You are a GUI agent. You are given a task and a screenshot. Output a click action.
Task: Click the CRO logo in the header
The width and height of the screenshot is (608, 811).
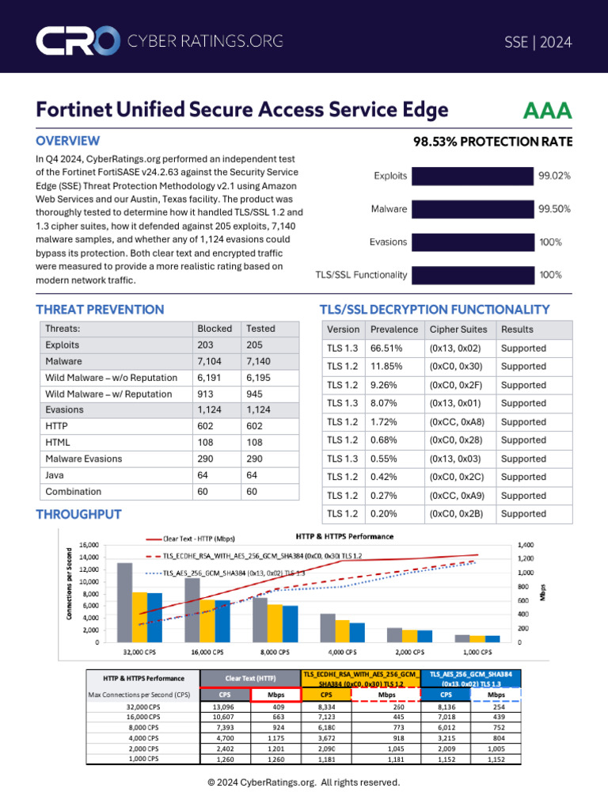(x=77, y=42)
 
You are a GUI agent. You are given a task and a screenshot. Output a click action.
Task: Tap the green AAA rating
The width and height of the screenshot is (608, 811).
(x=547, y=110)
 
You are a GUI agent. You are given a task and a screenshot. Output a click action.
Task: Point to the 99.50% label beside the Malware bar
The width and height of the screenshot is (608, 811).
(x=554, y=209)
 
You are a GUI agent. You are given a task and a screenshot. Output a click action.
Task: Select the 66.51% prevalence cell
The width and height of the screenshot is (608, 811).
(x=386, y=348)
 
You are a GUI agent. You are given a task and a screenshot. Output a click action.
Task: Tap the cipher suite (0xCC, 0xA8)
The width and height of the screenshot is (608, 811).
(x=455, y=422)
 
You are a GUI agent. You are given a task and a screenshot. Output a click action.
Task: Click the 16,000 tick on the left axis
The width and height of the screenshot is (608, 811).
(x=88, y=545)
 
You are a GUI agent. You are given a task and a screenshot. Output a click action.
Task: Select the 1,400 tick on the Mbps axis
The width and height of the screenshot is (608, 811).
(x=526, y=545)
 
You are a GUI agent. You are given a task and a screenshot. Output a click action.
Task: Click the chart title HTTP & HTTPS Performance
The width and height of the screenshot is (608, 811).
(x=344, y=536)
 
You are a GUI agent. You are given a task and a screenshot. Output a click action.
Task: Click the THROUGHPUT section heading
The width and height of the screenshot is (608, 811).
(x=79, y=515)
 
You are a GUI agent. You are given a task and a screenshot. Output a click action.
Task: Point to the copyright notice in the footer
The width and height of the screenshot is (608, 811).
(x=304, y=782)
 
